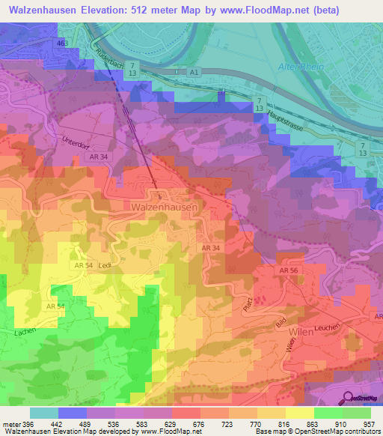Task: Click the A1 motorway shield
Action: coord(194,72)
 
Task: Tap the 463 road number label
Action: coord(61,44)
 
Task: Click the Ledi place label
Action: coord(104,264)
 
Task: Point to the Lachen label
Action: coord(25,330)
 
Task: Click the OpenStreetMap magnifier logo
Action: coord(347,399)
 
